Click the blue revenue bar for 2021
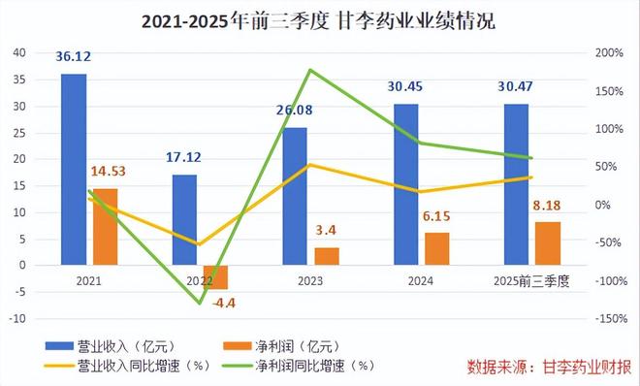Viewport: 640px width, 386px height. [x=74, y=169]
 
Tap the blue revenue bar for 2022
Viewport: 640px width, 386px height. [x=184, y=219]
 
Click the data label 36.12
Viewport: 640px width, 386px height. [x=74, y=57]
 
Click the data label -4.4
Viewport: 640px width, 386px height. [x=224, y=303]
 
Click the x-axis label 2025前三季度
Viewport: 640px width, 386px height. [x=530, y=280]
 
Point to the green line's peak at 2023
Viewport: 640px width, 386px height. [x=309, y=70]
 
